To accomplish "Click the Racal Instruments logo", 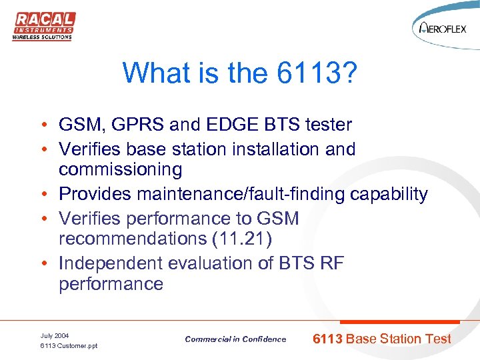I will (43, 26).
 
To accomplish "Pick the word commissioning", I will (120, 170).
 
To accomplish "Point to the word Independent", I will (110, 263).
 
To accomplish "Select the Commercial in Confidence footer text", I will (235, 339).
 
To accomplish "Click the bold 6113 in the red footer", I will (327, 339).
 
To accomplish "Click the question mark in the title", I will (349, 73).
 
